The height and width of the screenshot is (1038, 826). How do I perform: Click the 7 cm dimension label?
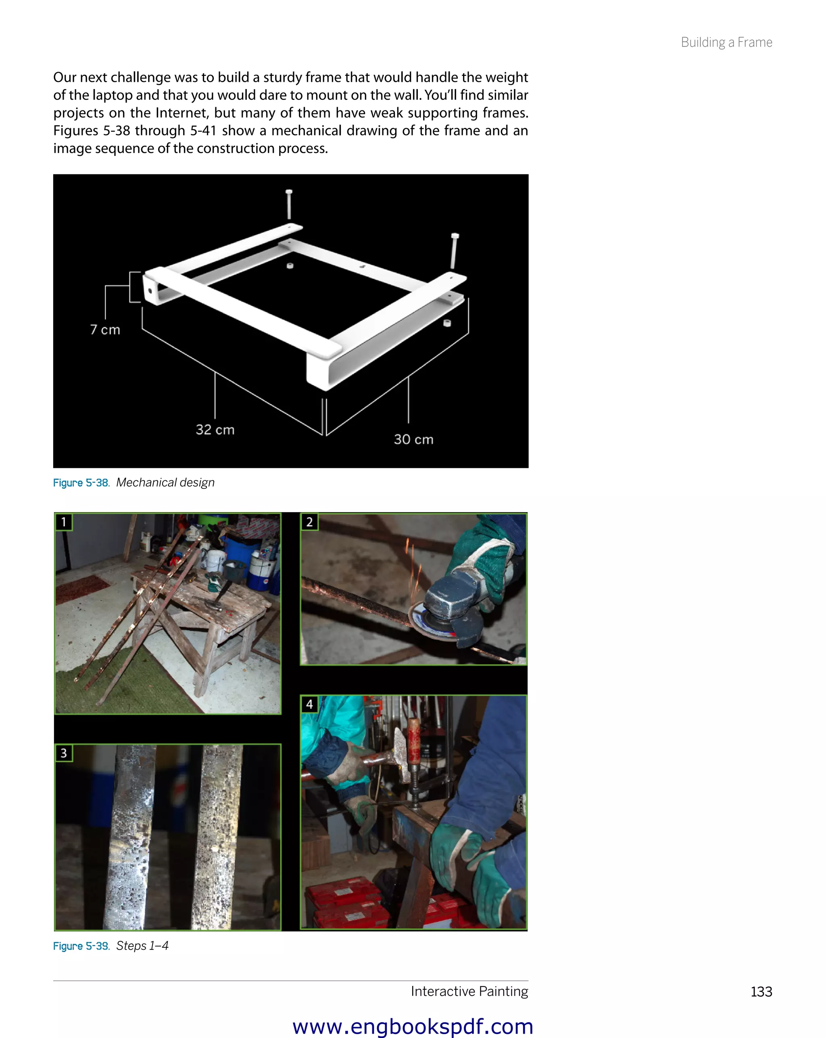click(x=105, y=330)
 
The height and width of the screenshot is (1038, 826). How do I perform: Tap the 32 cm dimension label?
click(x=215, y=430)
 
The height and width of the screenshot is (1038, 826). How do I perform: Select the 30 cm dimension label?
click(x=413, y=439)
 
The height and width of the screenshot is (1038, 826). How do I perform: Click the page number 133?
click(x=761, y=991)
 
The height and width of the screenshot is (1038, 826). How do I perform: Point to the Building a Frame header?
click(x=726, y=42)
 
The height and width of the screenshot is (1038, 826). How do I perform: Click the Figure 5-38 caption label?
click(x=81, y=483)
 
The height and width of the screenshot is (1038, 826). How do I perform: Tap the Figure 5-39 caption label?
click(x=81, y=946)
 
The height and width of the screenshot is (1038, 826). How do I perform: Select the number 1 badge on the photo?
click(x=64, y=522)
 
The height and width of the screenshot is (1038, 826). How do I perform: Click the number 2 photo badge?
click(x=309, y=522)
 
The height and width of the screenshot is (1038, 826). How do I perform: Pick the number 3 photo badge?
click(x=64, y=753)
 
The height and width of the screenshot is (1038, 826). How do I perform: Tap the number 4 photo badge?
click(x=309, y=704)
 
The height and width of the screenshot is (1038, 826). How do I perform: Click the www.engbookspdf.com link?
click(x=413, y=1026)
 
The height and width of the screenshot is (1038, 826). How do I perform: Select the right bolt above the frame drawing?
click(x=454, y=250)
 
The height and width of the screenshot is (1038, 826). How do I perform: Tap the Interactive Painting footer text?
click(x=469, y=991)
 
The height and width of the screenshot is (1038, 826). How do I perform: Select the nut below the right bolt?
click(x=447, y=323)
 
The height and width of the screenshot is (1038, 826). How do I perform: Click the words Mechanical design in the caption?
click(x=165, y=482)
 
